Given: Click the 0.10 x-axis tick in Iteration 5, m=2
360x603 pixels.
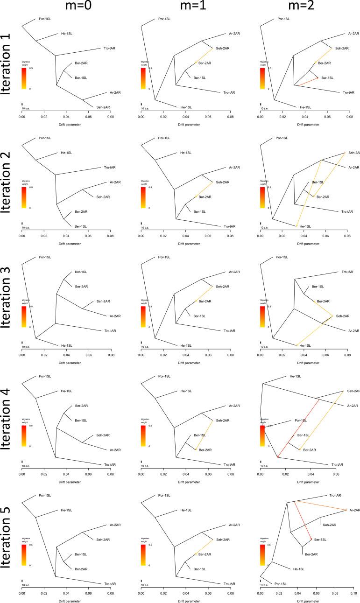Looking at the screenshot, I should (353, 593).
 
